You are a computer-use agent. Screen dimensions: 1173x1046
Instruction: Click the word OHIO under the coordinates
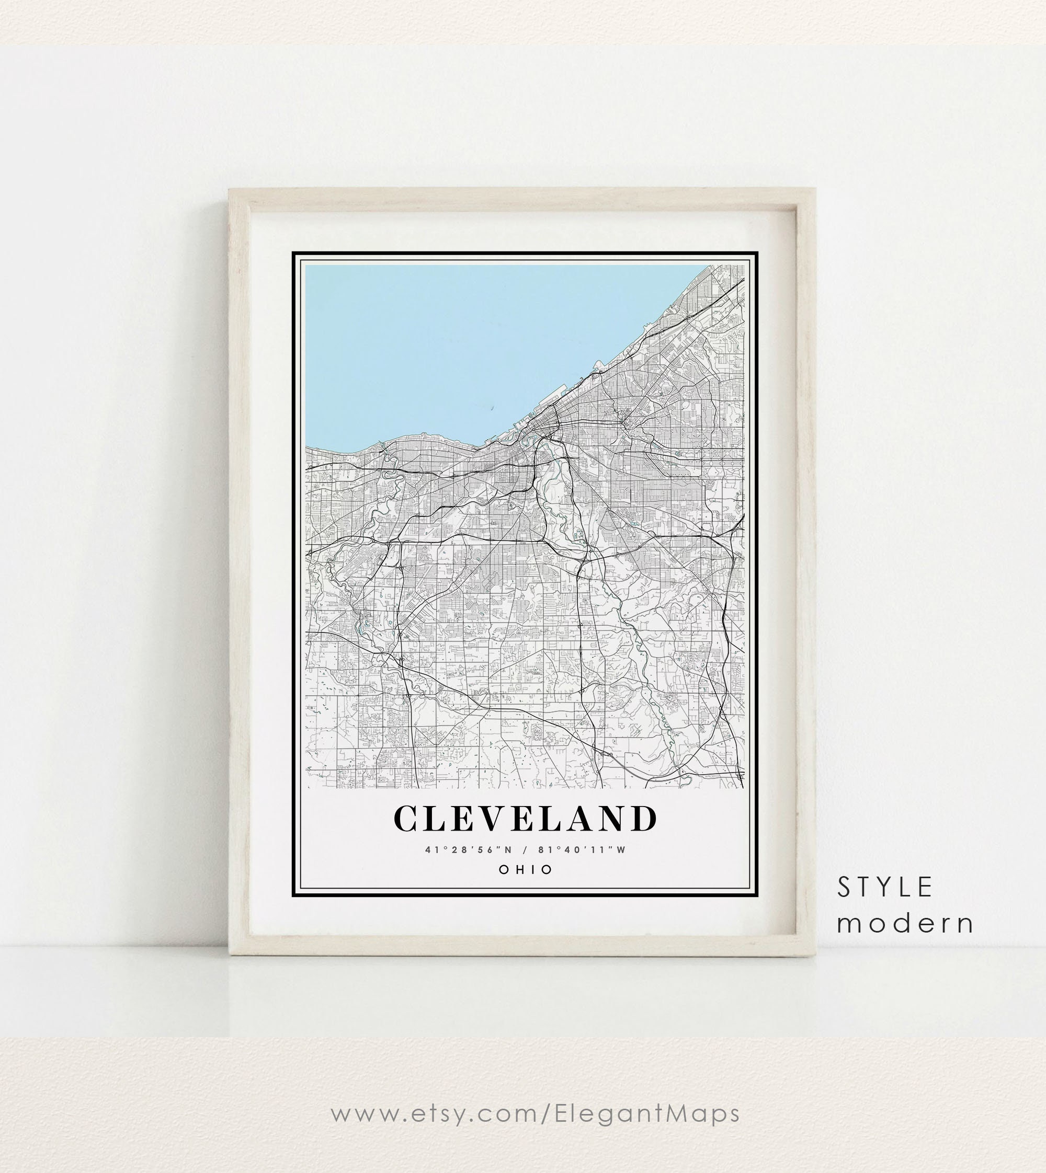(525, 870)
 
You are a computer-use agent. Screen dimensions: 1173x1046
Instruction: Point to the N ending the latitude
(507, 849)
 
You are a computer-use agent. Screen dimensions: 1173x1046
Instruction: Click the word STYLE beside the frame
(884, 888)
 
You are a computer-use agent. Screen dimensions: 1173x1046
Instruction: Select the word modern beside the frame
(905, 924)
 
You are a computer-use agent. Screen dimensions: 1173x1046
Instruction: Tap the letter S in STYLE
(844, 888)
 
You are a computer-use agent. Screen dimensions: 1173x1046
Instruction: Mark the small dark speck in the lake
(493, 408)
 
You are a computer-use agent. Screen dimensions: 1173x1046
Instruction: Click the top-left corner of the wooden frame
(231, 190)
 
